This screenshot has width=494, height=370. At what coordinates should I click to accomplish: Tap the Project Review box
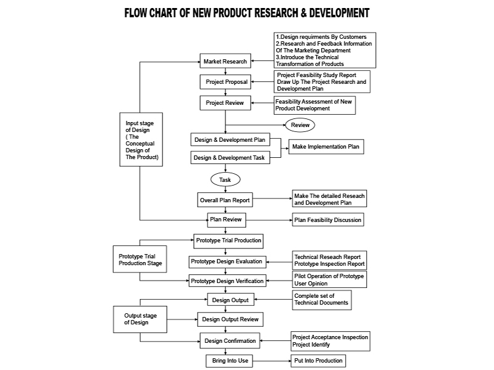[225, 103]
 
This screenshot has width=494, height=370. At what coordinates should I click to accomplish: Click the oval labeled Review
[300, 125]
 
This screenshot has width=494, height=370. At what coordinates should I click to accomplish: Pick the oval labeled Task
[225, 179]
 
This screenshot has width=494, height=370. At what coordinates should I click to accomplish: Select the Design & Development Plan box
[230, 140]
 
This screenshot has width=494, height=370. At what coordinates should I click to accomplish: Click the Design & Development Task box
[230, 158]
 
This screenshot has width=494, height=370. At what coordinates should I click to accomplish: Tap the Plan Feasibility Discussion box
[327, 220]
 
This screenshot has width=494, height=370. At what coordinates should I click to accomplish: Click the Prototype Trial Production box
[228, 240]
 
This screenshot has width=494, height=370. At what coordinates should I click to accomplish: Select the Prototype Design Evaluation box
[227, 261]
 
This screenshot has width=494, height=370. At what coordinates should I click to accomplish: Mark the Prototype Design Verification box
[227, 281]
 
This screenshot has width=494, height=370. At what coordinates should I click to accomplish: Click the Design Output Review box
[230, 319]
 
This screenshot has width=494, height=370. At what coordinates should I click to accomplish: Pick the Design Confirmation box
[230, 340]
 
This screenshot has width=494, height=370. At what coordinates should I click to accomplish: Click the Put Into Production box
[318, 361]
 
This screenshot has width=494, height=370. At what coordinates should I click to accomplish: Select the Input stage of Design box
[140, 139]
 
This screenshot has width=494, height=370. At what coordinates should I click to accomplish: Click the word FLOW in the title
[140, 12]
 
